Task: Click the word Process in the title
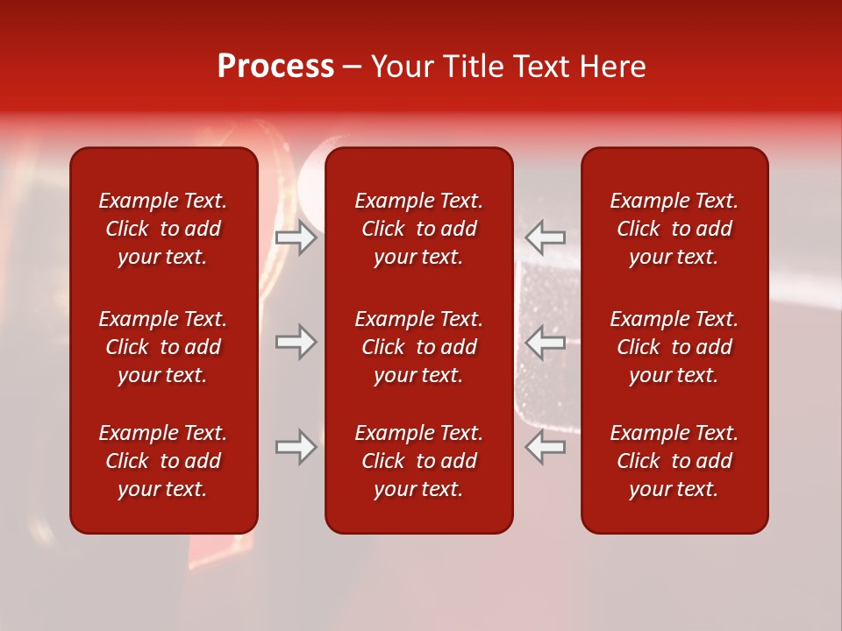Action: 275,67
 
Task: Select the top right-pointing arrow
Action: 296,238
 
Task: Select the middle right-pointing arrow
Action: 296,342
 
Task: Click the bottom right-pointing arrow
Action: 296,447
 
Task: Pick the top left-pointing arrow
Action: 546,238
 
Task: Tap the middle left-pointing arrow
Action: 546,342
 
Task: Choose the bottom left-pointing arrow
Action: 546,447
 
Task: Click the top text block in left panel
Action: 163,229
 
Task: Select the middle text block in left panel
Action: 163,347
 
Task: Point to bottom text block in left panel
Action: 163,461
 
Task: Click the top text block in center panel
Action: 418,229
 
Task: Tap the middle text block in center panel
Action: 418,347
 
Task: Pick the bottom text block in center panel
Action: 418,461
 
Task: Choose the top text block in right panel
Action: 674,229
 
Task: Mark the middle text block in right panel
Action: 674,347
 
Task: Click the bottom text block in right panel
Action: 674,461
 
